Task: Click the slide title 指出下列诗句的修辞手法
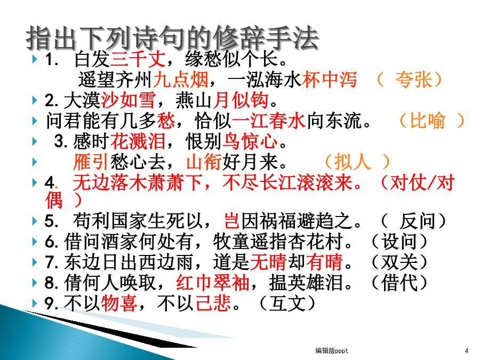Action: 173,38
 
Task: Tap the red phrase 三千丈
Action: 138,59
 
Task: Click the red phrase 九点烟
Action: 181,79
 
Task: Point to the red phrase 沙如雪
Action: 128,100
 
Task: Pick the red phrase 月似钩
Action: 241,100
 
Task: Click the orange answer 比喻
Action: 427,121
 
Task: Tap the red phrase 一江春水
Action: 269,121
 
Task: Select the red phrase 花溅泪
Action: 138,141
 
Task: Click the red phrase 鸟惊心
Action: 250,141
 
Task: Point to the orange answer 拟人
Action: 353,161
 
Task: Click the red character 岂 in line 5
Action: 232,221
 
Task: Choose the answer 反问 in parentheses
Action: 418,221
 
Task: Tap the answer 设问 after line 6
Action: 399,242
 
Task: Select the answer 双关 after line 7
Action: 399,262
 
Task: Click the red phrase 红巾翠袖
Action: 213,283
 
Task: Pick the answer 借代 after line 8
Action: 399,283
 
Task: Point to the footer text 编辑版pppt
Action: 332,350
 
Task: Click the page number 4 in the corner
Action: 467,350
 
